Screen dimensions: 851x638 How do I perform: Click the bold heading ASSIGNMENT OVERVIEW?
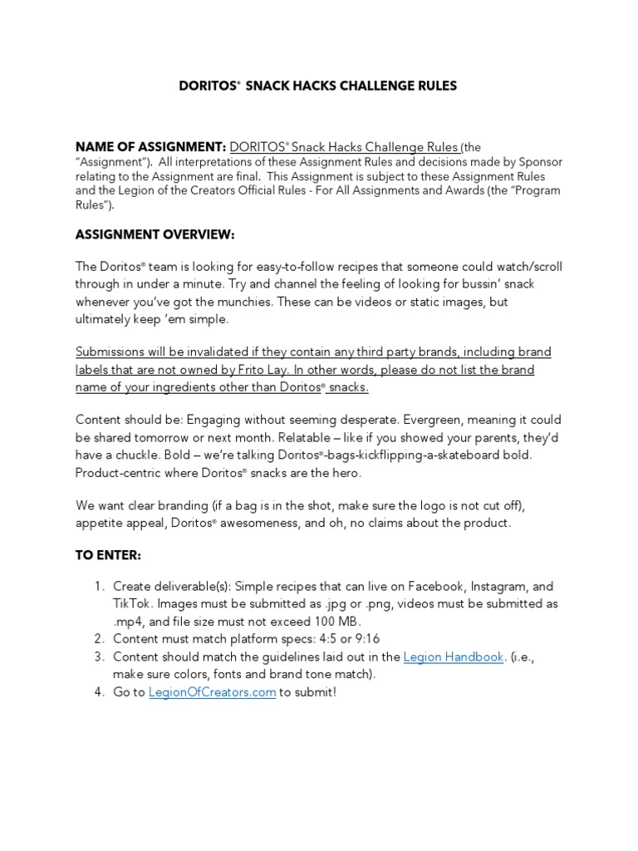[155, 235]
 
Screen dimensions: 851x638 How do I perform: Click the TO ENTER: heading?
[110, 555]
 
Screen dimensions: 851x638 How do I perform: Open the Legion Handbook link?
[454, 657]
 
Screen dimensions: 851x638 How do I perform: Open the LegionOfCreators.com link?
[212, 692]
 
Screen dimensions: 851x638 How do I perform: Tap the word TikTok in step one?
[133, 603]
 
